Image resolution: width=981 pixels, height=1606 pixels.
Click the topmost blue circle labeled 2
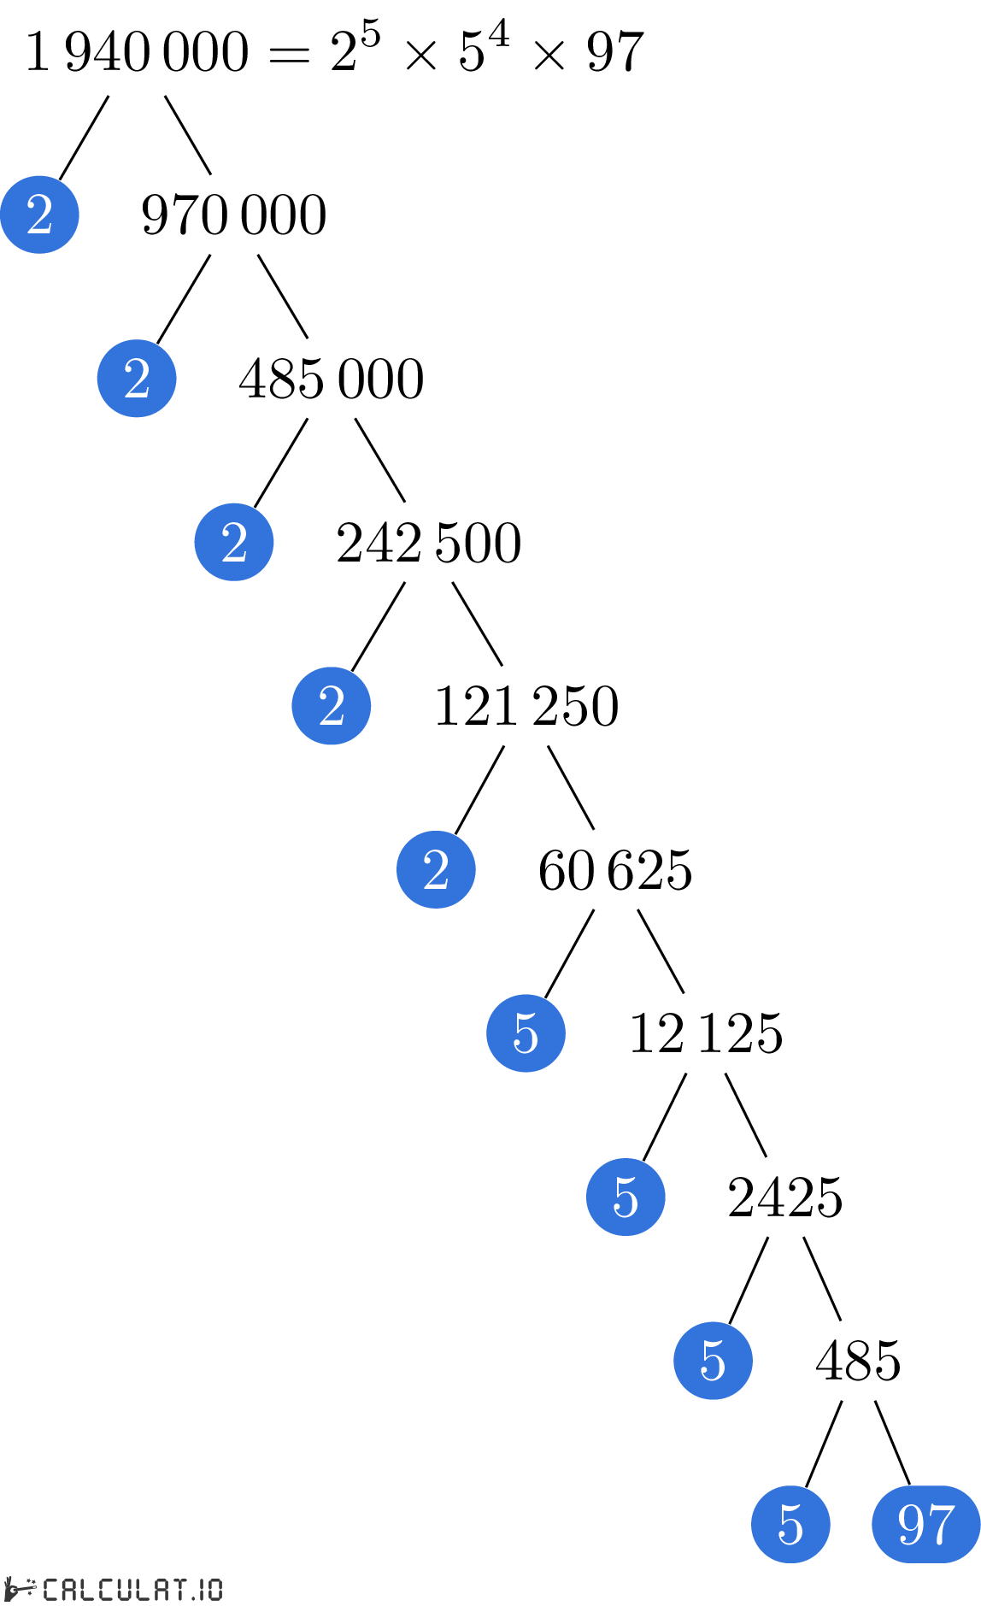tap(39, 215)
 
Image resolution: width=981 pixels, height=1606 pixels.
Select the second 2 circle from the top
tap(137, 379)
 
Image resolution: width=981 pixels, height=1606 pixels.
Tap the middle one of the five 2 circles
tap(234, 542)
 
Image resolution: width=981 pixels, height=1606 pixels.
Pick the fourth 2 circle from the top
tap(332, 706)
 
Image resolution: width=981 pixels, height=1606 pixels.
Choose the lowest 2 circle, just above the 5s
tap(436, 869)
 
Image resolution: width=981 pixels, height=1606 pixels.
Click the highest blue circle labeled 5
tap(526, 1033)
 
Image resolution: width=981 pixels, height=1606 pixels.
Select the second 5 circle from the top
tap(626, 1197)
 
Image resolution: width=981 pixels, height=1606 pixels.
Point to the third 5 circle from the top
tap(713, 1361)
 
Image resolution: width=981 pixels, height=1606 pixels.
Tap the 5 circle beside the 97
tap(790, 1524)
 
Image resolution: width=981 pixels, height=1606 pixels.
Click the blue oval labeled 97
tap(925, 1524)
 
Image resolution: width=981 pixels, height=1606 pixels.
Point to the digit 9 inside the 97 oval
tap(911, 1524)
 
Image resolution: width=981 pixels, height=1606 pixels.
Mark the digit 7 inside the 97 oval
tap(941, 1525)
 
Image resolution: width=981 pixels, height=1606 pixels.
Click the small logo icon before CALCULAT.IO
tap(19, 1589)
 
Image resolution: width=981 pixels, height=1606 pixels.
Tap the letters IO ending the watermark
tap(210, 1590)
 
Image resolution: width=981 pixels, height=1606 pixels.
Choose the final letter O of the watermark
tap(215, 1590)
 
